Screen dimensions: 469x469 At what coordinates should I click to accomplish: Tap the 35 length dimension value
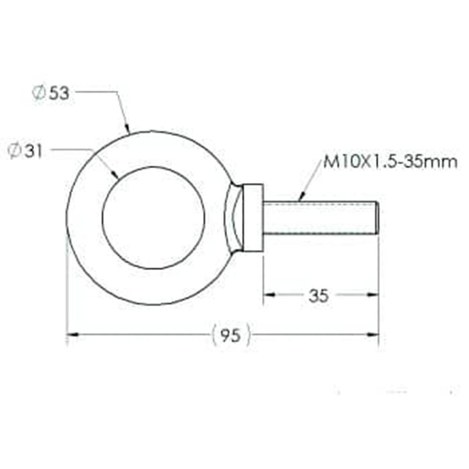coord(319,295)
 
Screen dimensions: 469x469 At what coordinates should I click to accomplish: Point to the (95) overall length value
coord(230,335)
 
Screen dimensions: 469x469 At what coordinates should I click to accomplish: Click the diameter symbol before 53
coord(38,93)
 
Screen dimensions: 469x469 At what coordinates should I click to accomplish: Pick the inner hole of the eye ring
coord(153,218)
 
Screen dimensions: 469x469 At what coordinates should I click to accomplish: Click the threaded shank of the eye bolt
coord(319,218)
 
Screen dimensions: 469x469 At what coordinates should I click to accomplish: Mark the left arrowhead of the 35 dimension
coord(267,295)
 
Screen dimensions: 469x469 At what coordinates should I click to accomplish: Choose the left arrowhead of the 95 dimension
coord(72,334)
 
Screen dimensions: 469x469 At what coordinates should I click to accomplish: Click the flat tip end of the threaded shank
coord(377,218)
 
